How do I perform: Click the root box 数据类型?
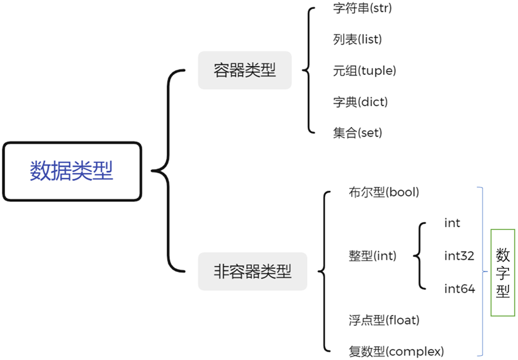pyautogui.click(x=72, y=171)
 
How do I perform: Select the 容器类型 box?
pyautogui.click(x=244, y=71)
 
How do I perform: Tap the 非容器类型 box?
pyautogui.click(x=252, y=271)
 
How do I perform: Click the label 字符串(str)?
pyautogui.click(x=362, y=9)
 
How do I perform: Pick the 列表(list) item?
pyautogui.click(x=358, y=40)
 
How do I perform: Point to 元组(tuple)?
pyautogui.click(x=365, y=71)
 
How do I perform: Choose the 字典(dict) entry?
pyautogui.click(x=361, y=102)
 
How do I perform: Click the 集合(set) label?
pyautogui.click(x=358, y=132)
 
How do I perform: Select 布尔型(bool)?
pyautogui.click(x=383, y=192)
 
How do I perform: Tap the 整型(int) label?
pyautogui.click(x=372, y=256)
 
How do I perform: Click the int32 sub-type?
pyautogui.click(x=459, y=256)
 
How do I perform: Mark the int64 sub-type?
pyautogui.click(x=459, y=289)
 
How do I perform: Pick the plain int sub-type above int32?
pyautogui.click(x=452, y=223)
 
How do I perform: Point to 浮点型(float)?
pyautogui.click(x=383, y=320)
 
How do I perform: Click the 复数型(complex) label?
pyautogui.click(x=396, y=350)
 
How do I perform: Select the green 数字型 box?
pyautogui.click(x=502, y=273)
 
